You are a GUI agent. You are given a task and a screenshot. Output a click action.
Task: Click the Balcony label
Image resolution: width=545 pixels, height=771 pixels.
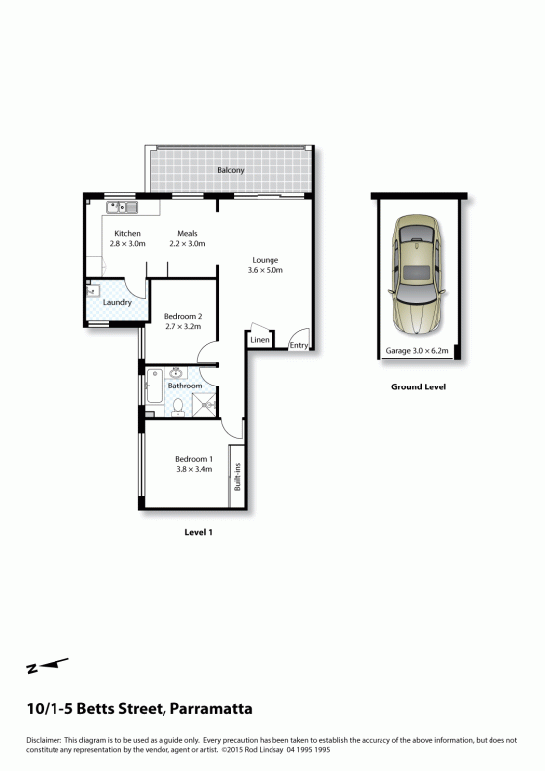(231, 170)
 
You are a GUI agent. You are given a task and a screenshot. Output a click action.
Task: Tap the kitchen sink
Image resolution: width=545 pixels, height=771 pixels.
(123, 207)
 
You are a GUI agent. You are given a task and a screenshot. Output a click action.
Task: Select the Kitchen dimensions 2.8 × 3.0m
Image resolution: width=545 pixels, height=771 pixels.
(128, 244)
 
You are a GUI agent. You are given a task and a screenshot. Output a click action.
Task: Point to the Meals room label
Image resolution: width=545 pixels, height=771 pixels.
(187, 233)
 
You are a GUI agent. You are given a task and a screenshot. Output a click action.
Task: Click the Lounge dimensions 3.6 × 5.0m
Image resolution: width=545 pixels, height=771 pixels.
(266, 270)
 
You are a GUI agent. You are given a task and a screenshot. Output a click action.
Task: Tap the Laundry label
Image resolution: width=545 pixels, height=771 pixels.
(117, 302)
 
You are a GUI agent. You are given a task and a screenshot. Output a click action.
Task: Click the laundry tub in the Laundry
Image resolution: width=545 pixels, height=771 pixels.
(93, 291)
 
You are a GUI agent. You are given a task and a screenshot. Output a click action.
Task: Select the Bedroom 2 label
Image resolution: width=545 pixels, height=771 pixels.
(183, 317)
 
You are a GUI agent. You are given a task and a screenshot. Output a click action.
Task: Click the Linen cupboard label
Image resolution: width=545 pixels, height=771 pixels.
(260, 340)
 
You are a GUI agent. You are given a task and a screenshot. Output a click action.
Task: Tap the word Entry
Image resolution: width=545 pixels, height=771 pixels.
(299, 345)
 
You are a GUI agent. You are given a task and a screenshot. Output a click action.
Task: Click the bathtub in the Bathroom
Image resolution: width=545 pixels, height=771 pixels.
(155, 385)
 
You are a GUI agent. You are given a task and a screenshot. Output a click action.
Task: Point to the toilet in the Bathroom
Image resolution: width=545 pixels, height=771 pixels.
(178, 407)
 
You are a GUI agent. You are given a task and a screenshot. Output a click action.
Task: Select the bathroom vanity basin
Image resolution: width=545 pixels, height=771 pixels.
(176, 373)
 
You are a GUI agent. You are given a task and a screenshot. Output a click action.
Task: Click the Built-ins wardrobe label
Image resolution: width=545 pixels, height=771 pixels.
(237, 477)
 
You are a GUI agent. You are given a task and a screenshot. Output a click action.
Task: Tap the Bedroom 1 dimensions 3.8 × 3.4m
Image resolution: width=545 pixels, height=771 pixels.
(194, 469)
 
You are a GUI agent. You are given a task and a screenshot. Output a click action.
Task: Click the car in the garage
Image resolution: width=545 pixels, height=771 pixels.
(417, 275)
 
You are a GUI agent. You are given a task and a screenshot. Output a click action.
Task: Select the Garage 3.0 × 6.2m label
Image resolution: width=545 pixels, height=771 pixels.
(417, 351)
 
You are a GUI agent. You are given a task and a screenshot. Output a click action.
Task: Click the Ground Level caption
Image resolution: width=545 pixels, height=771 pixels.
(418, 386)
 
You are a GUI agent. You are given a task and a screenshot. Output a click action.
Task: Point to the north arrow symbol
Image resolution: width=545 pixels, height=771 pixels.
(48, 666)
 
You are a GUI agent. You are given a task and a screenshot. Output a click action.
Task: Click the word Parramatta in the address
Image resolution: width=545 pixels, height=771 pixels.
(211, 709)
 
